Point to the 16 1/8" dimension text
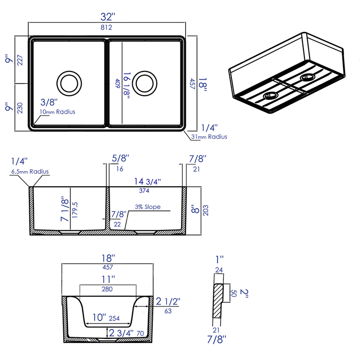[x=127, y=83]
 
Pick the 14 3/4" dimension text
[x=145, y=181]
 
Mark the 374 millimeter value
[x=145, y=190]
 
